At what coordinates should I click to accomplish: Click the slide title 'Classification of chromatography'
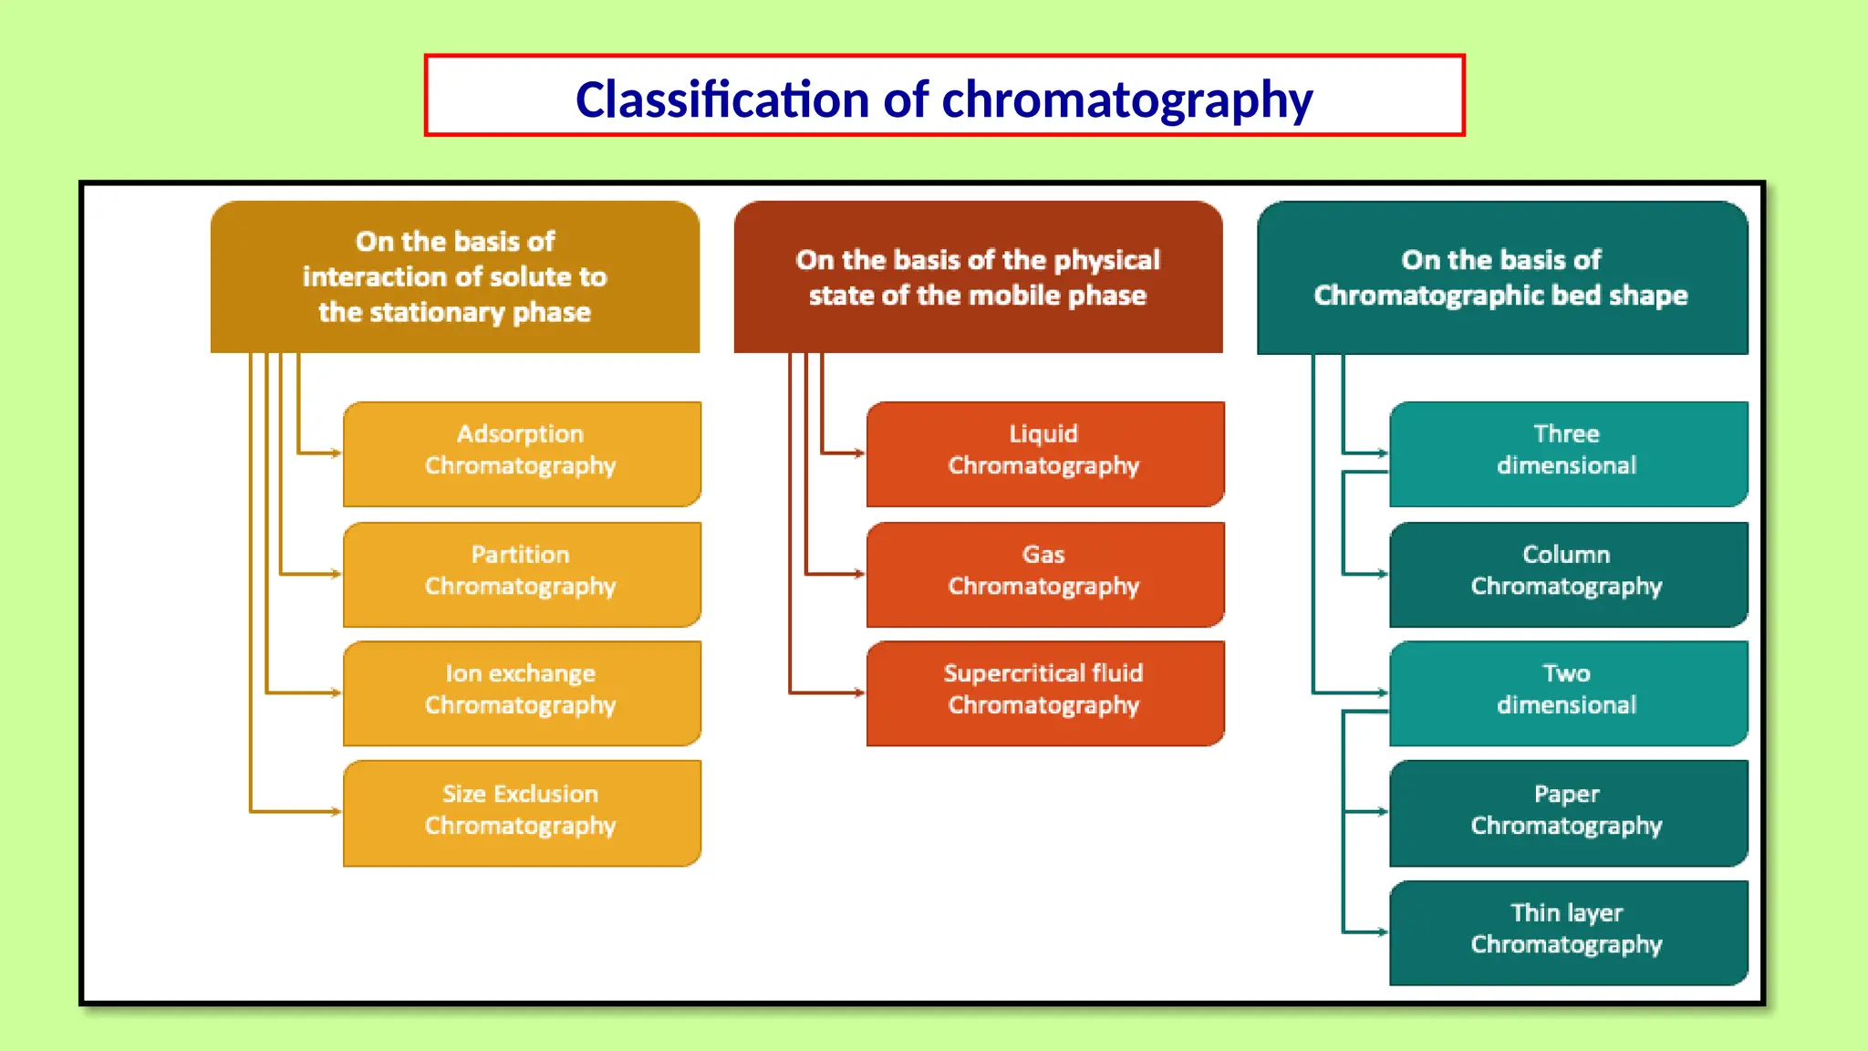[x=944, y=99]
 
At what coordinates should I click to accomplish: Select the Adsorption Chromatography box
[x=522, y=453]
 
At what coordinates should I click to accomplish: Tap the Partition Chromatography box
[x=522, y=574]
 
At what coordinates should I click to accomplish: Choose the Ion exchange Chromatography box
[x=522, y=692]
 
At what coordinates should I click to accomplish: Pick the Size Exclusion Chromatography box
[x=522, y=812]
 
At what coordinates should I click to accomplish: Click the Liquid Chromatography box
[x=1044, y=453]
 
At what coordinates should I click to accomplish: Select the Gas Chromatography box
[x=1044, y=574]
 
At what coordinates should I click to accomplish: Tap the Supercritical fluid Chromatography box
[x=1044, y=692]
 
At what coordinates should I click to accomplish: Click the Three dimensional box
[x=1568, y=453]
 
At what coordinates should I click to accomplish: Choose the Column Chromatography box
[x=1568, y=574]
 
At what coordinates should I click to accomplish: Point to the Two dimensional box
[x=1568, y=692]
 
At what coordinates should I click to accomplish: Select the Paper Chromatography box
[x=1568, y=812]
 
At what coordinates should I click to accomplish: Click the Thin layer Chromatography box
[x=1568, y=931]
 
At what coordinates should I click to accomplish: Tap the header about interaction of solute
[x=455, y=277]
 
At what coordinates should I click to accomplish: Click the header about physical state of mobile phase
[x=978, y=277]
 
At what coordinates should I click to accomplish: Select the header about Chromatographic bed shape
[x=1501, y=277]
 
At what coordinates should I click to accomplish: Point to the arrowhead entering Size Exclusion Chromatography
[x=337, y=811]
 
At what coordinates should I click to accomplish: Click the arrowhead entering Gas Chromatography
[x=859, y=574]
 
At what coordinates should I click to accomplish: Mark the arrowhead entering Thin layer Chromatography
[x=1383, y=931]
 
